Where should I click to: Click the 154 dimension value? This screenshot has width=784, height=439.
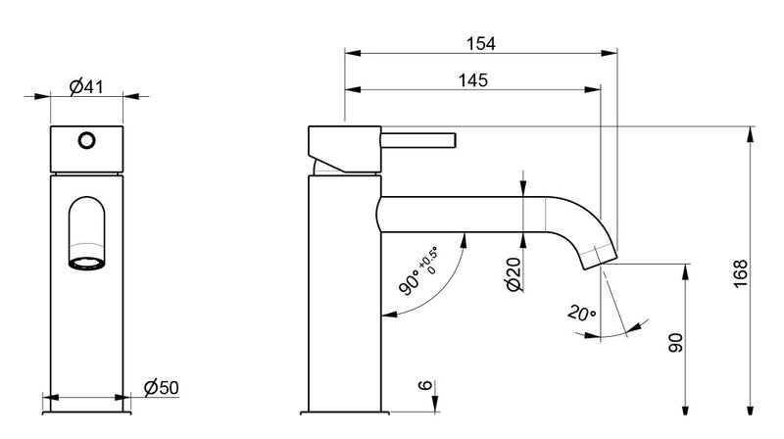tap(480, 43)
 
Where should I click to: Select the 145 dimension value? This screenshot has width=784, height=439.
tap(472, 80)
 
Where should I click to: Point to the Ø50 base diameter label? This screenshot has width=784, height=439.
tap(161, 388)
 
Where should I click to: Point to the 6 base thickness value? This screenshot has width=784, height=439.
tap(423, 388)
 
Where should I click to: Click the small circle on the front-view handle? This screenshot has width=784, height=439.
tap(86, 140)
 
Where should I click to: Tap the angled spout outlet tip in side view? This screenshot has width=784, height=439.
tap(600, 255)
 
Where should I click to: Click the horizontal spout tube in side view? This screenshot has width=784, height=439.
tap(461, 214)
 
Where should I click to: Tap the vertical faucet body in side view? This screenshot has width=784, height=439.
tap(343, 294)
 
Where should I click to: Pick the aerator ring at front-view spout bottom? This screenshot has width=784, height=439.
tap(86, 262)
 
